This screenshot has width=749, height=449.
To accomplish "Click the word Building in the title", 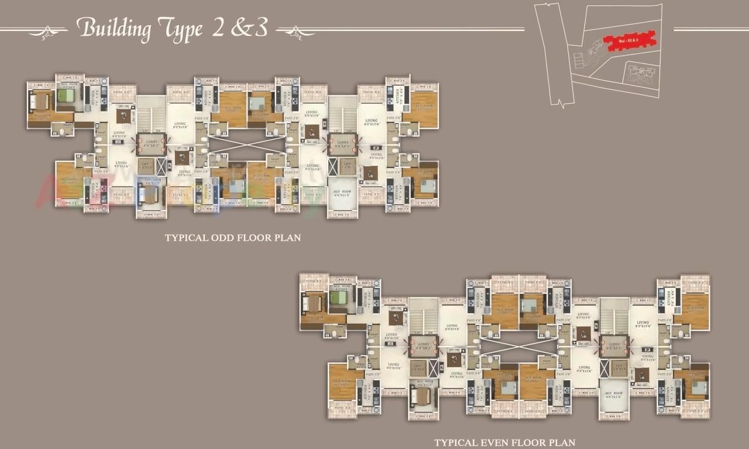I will coord(114,29).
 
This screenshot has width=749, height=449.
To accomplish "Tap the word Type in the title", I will coord(179,30).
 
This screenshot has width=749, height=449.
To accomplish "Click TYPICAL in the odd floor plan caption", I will coord(184,238).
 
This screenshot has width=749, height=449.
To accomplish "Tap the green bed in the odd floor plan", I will coord(66,95).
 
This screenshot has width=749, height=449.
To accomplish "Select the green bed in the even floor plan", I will coord(338,297).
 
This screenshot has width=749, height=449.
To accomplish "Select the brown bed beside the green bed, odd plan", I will coord(41,102).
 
